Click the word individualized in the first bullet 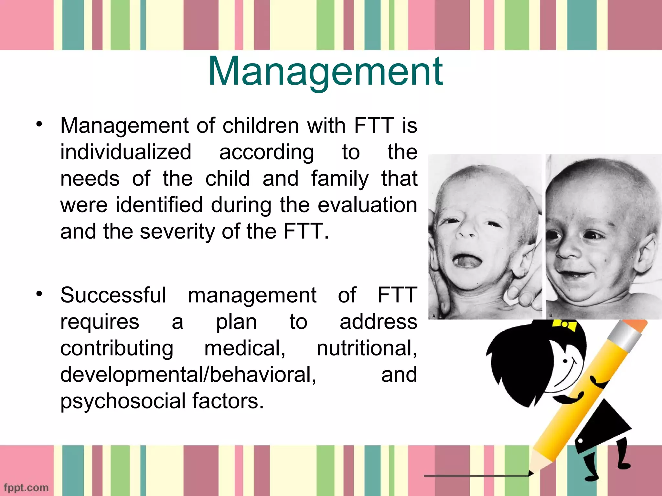(126, 152)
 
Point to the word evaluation (367, 205)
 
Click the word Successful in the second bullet (113, 295)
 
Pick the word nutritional (367, 348)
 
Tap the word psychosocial (123, 401)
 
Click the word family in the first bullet (340, 179)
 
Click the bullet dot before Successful (39, 294)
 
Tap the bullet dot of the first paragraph (39, 124)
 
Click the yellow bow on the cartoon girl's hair (564, 325)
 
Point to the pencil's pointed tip (531, 473)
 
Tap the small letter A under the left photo (433, 316)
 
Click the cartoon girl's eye (565, 361)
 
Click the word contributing (117, 348)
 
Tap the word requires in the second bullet (100, 322)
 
